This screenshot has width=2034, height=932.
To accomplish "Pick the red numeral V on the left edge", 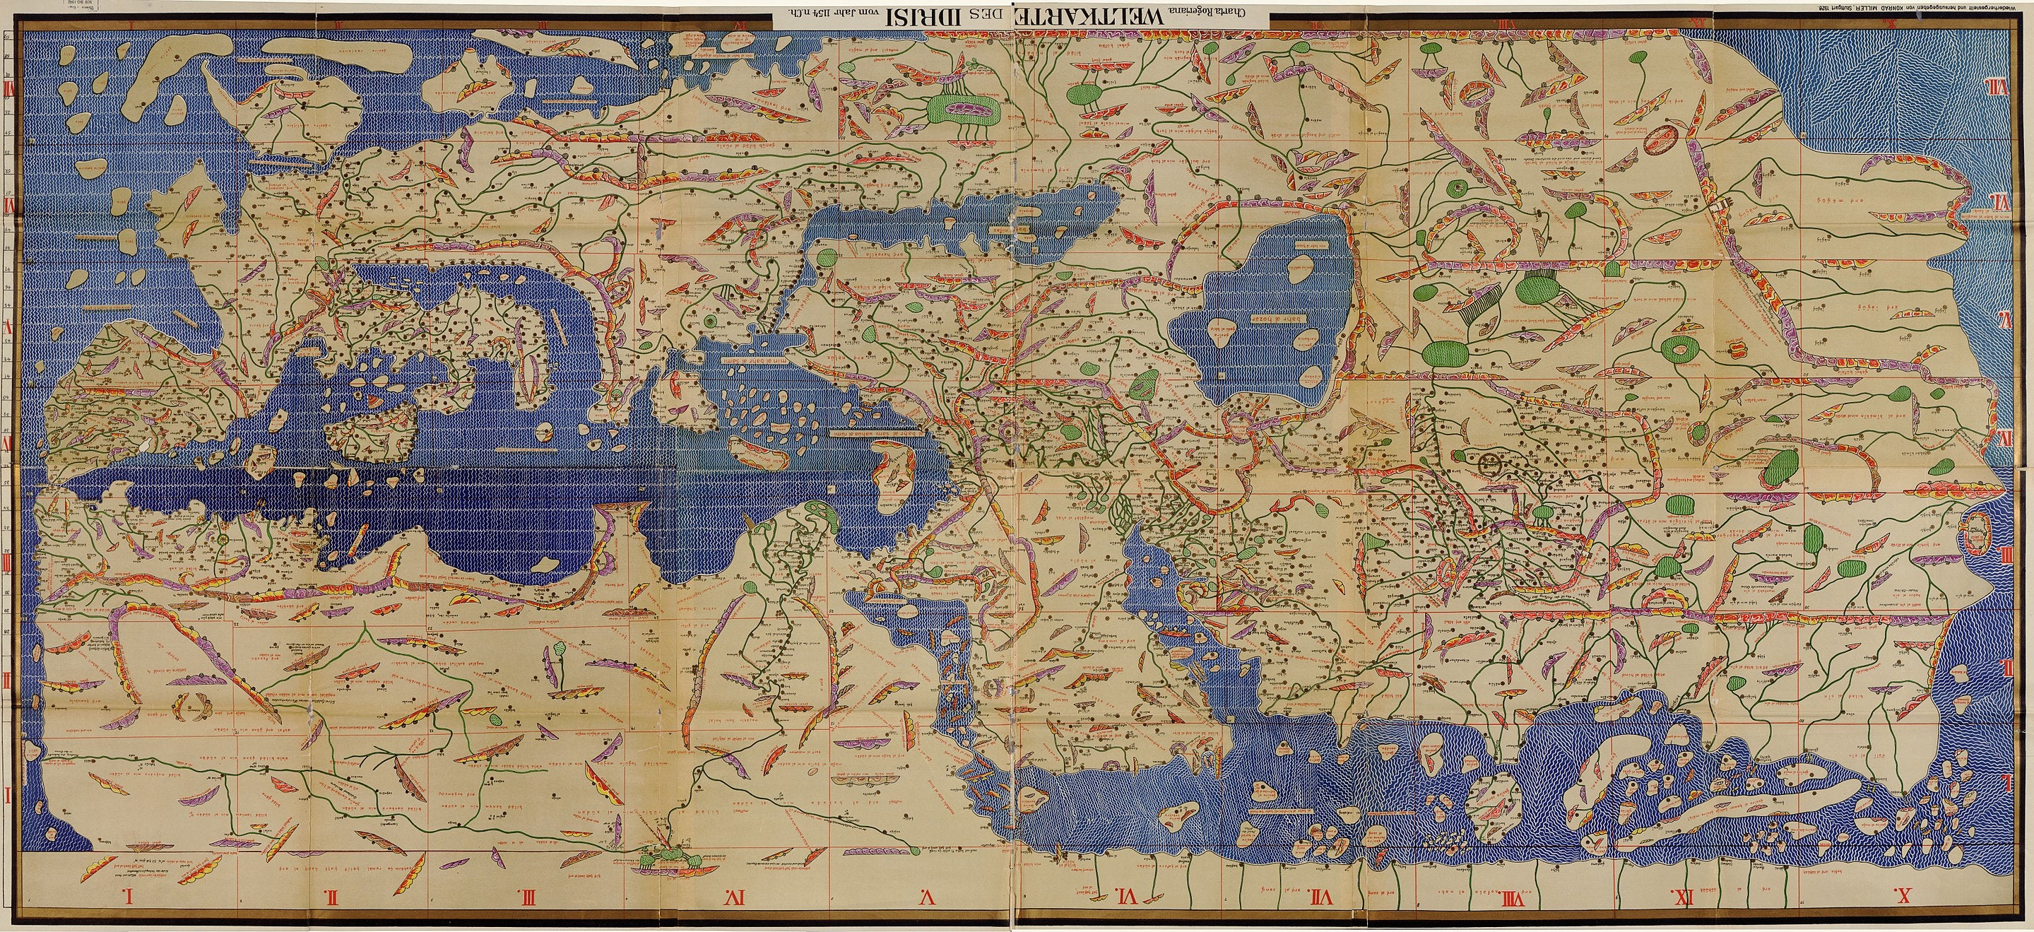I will click(8, 326).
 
